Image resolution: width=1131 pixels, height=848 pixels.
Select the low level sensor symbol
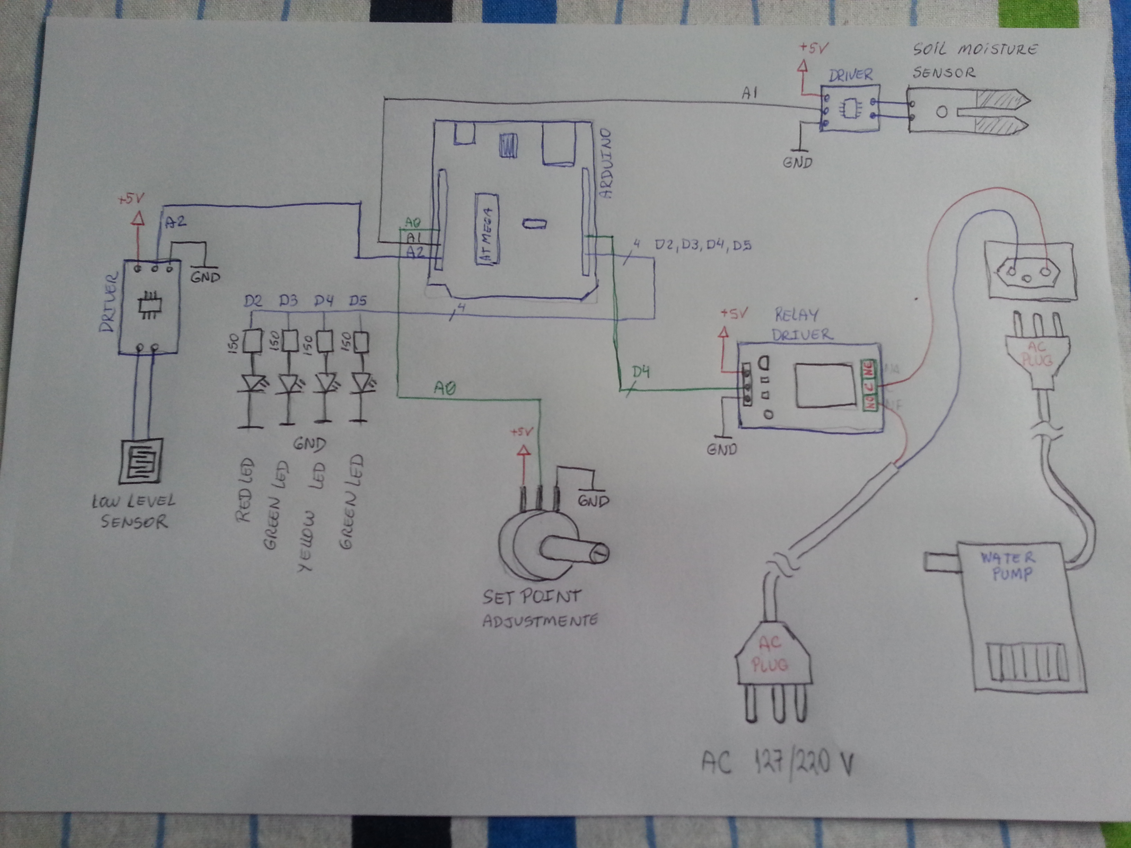(x=141, y=461)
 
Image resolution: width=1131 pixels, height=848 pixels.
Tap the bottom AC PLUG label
(x=770, y=654)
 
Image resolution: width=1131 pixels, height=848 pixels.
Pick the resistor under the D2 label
(x=252, y=341)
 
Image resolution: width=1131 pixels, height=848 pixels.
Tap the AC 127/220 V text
(x=777, y=764)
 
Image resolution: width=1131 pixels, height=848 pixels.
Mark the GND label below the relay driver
(x=721, y=449)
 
